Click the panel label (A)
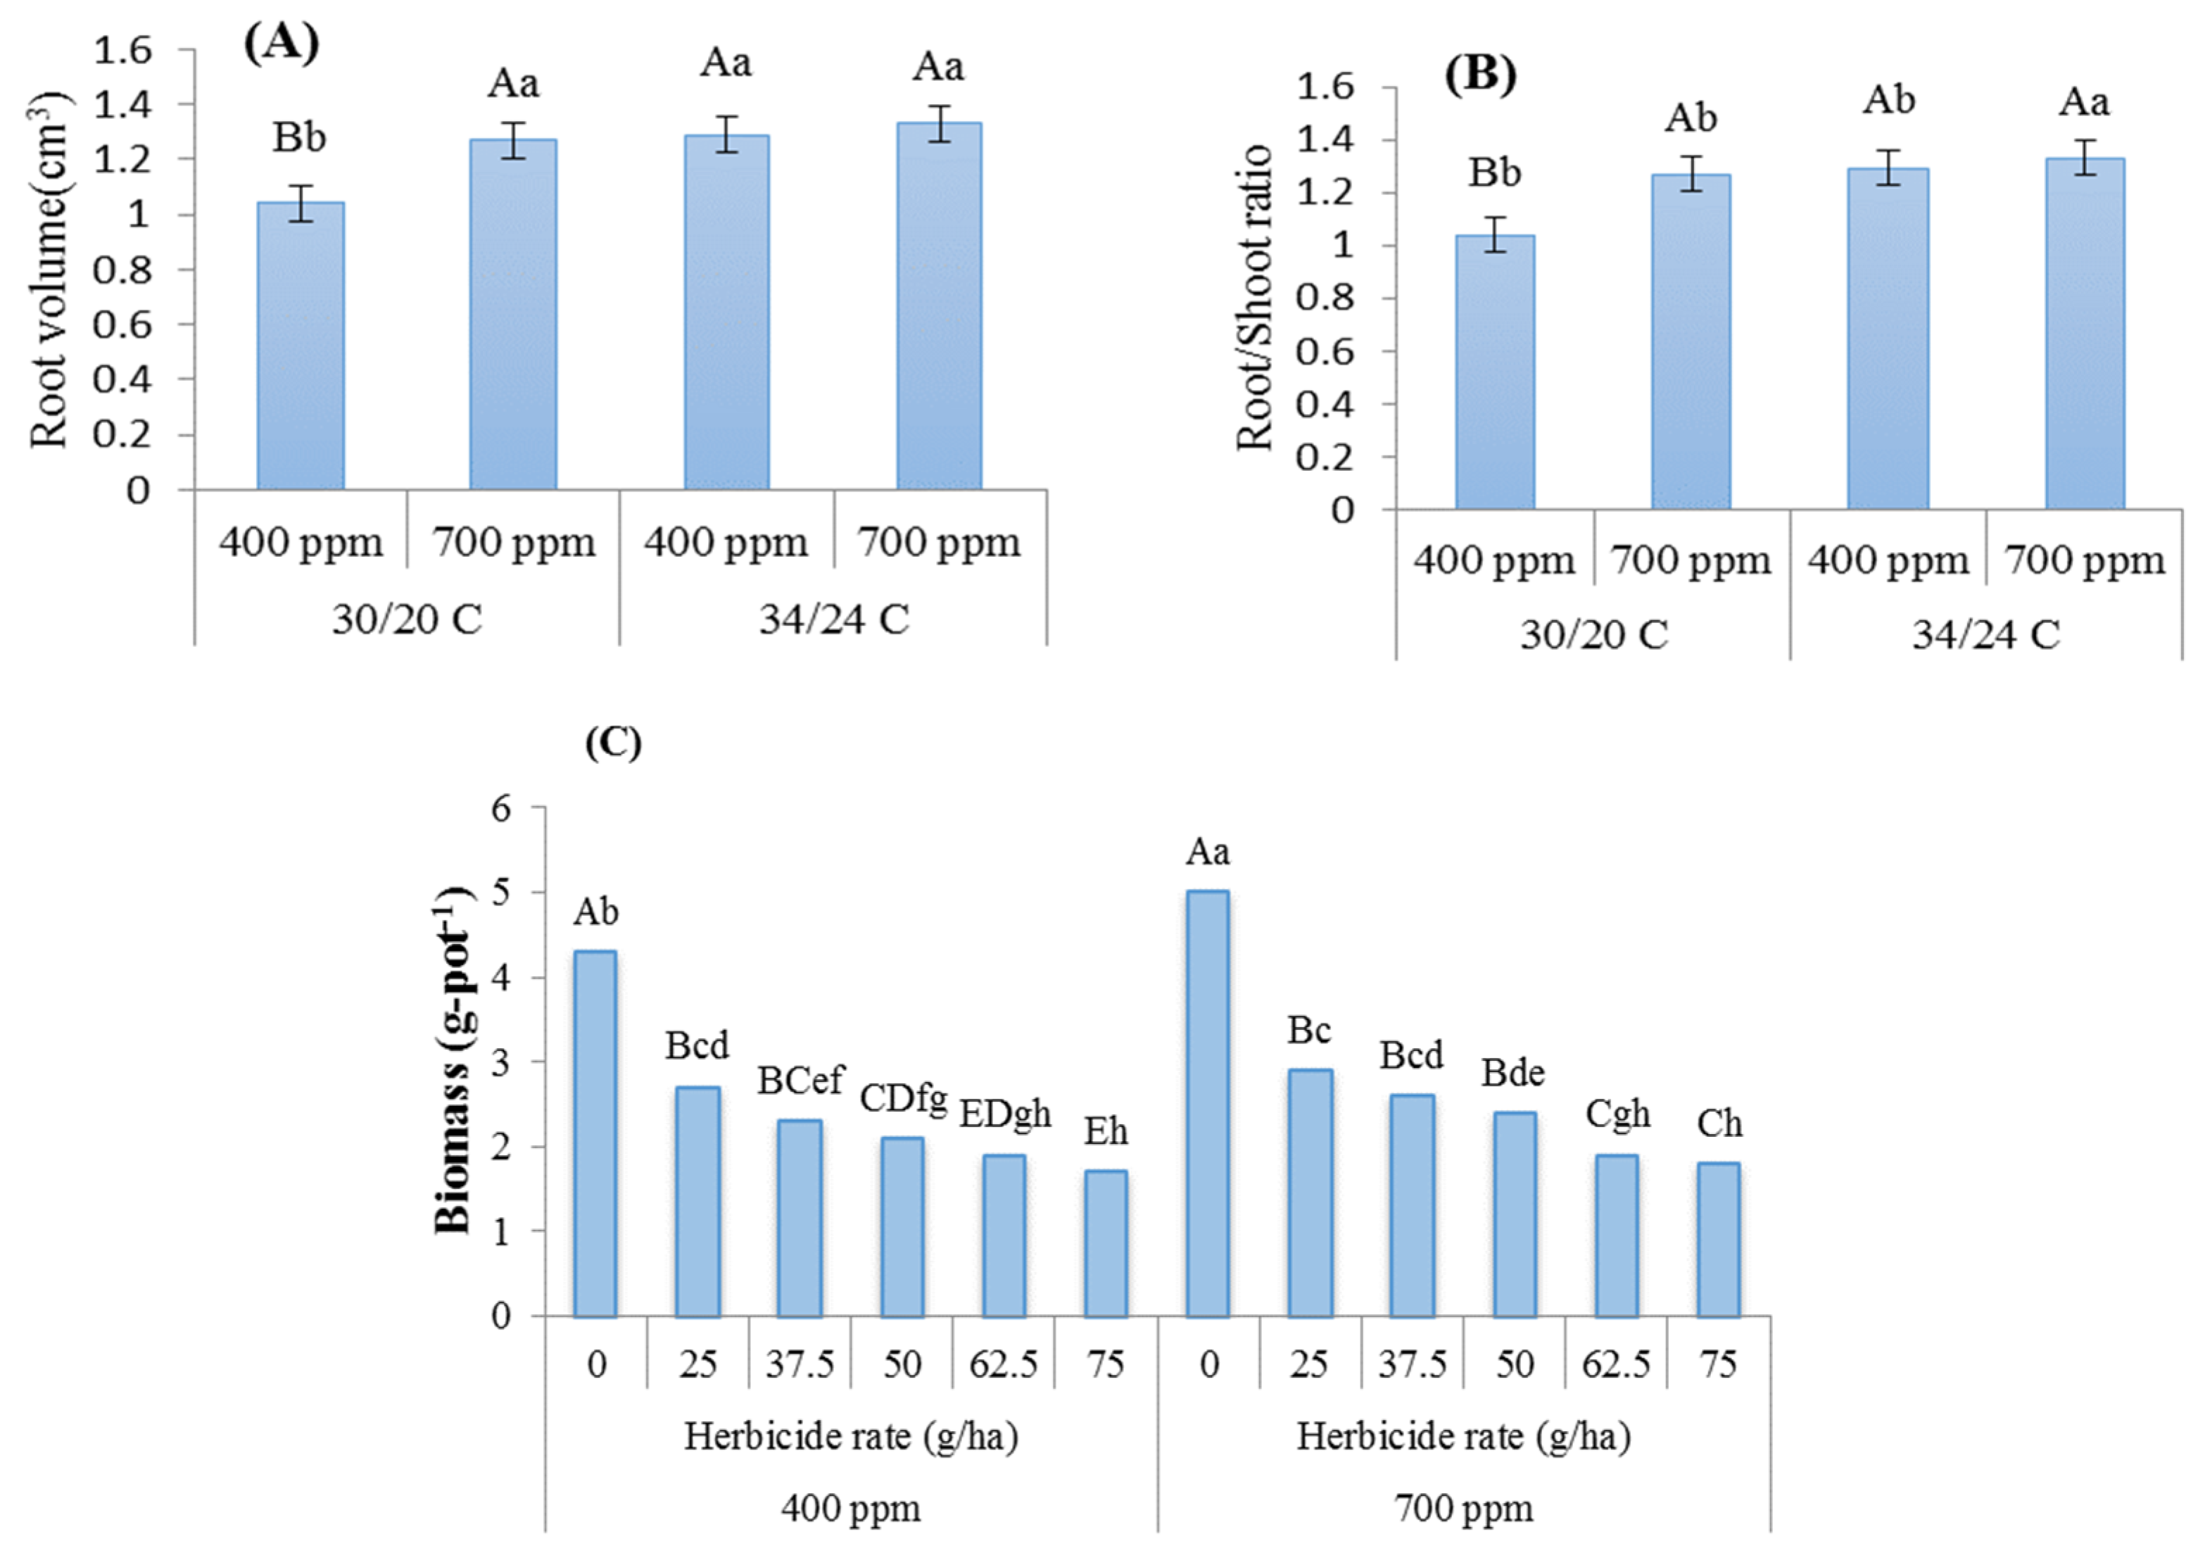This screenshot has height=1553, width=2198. tap(282, 43)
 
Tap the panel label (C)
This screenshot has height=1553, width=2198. tap(614, 742)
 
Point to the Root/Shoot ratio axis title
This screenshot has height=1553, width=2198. tap(1255, 298)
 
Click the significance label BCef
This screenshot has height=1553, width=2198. tap(800, 1081)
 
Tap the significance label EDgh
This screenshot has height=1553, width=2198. tap(1005, 1114)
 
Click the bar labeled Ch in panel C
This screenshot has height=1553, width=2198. tap(1719, 1239)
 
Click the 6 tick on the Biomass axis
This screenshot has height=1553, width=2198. tap(502, 808)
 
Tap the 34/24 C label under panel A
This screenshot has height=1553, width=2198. tap(834, 620)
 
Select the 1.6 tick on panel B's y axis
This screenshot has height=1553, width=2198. tap(1325, 87)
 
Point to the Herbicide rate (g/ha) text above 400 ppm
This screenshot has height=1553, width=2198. tap(851, 1436)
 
